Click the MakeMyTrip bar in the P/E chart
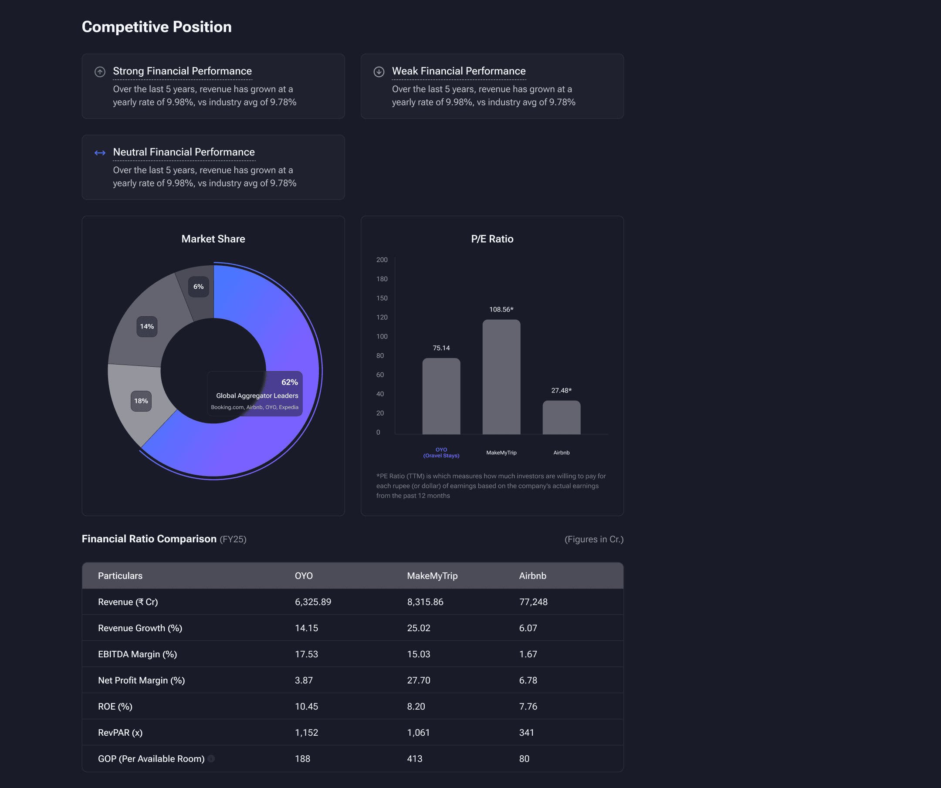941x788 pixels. point(501,377)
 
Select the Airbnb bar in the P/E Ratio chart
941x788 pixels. point(562,417)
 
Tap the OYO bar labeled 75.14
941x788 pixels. point(441,396)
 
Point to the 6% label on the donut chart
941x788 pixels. point(199,287)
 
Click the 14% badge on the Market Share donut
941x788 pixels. point(147,327)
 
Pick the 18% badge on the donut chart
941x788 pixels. point(141,401)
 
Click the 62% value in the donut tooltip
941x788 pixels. point(289,382)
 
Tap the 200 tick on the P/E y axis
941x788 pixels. point(382,260)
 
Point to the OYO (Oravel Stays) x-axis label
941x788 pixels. point(441,453)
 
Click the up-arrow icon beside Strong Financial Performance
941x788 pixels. point(100,72)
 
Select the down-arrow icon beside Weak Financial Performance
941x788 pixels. point(379,72)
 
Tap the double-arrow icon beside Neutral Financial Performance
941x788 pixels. point(100,153)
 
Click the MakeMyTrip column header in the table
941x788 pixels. point(433,576)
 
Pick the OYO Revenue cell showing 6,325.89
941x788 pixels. point(313,602)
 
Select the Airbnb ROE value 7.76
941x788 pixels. point(528,707)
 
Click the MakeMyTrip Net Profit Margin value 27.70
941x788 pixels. point(419,680)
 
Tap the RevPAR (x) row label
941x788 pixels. point(120,732)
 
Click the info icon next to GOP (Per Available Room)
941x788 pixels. point(211,758)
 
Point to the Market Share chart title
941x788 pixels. point(213,239)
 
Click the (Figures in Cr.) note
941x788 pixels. point(594,539)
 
